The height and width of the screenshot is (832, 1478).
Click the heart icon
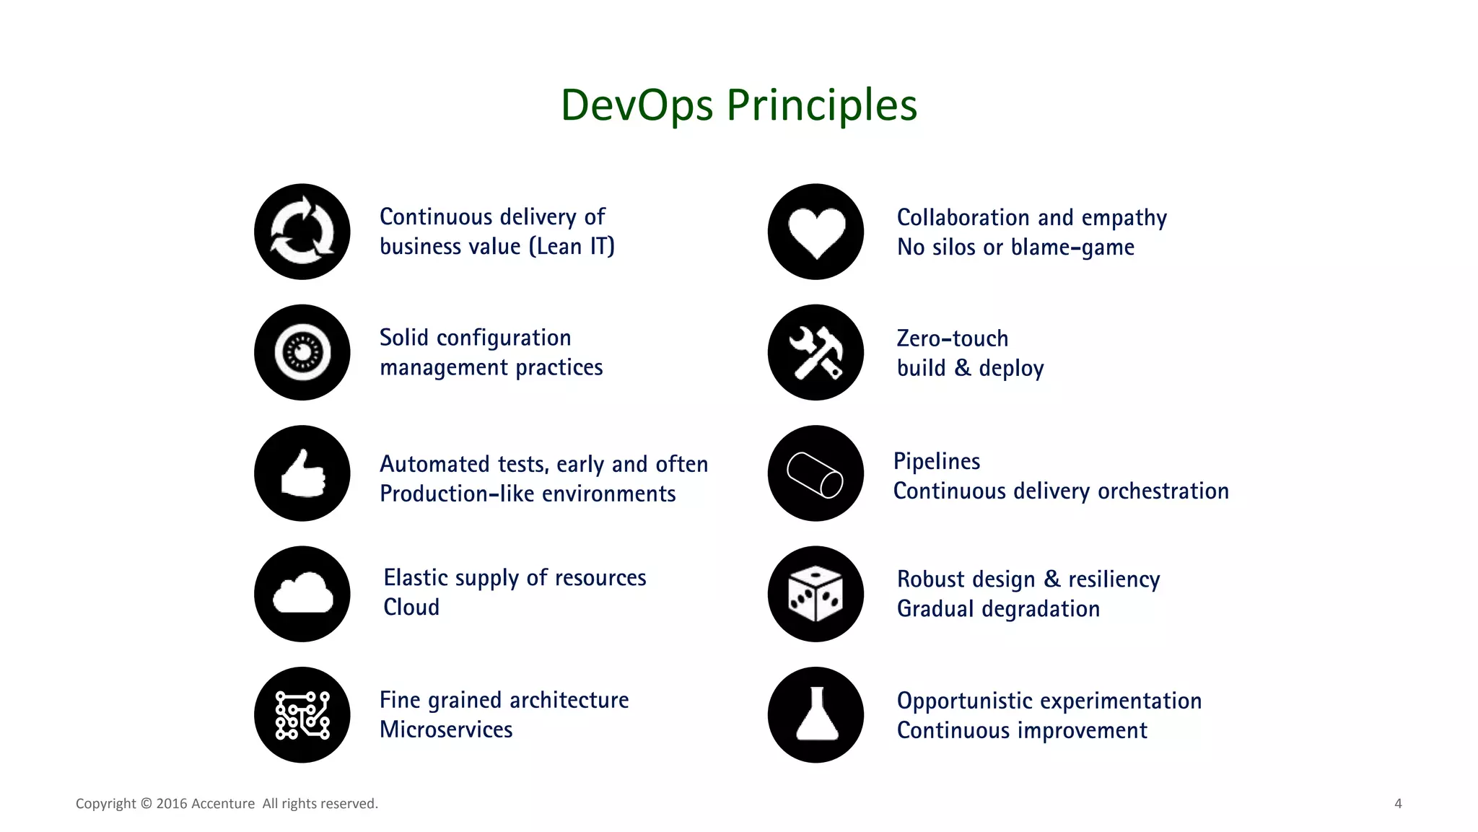(816, 232)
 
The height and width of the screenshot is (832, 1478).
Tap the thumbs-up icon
(302, 473)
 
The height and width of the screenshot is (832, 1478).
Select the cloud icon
(302, 594)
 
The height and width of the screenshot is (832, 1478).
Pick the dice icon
(816, 594)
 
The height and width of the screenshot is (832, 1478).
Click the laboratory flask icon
(816, 714)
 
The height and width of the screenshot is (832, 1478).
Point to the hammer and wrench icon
(816, 352)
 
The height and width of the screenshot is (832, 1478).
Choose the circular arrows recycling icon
(302, 232)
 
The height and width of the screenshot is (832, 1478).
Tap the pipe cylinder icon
(816, 473)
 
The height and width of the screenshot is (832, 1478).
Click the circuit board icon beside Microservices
(302, 714)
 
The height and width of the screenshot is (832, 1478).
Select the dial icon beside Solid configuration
(302, 352)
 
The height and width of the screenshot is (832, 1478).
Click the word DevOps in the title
(637, 105)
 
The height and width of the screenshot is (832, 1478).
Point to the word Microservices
(446, 730)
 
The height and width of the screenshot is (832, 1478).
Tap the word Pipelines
(937, 461)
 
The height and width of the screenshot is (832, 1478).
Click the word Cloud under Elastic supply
(411, 607)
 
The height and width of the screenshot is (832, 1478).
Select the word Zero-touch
(953, 338)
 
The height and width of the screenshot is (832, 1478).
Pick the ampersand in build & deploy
(963, 368)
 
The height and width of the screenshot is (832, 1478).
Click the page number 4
(1398, 803)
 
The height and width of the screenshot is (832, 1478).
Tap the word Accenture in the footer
(223, 804)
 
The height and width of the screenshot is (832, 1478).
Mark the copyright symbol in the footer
(146, 804)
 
